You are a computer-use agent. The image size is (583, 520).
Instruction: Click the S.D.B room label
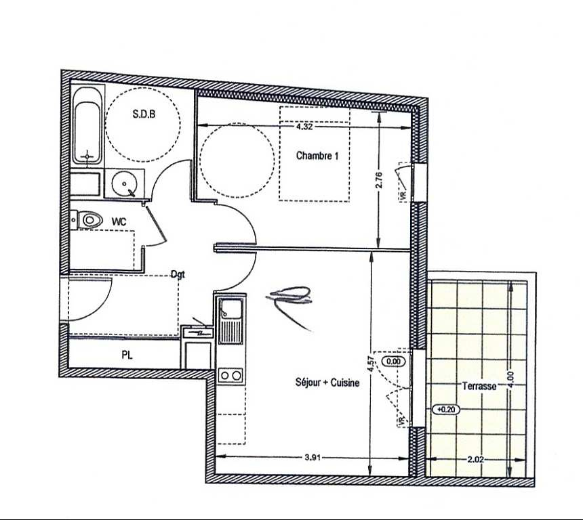pyautogui.click(x=144, y=114)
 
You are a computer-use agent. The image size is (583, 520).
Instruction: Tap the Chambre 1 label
pyautogui.click(x=317, y=155)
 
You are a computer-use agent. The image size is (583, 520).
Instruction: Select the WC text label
pyautogui.click(x=119, y=221)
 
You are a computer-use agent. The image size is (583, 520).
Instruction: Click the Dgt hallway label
pyautogui.click(x=178, y=274)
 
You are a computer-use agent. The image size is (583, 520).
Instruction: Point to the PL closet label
pyautogui.click(x=127, y=355)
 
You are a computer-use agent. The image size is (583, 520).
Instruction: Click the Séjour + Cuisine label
pyautogui.click(x=327, y=382)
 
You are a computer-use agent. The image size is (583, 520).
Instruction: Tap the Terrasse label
pyautogui.click(x=479, y=386)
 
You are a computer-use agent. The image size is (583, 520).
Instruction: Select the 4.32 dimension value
pyautogui.click(x=304, y=127)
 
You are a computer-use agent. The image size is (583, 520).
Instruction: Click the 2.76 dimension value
pyautogui.click(x=379, y=180)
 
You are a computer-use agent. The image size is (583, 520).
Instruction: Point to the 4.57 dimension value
pyautogui.click(x=370, y=364)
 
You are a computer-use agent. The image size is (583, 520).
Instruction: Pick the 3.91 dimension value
pyautogui.click(x=313, y=458)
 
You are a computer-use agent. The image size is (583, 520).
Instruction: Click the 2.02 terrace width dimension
pyautogui.click(x=475, y=460)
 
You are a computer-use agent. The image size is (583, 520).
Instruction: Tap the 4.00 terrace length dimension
pyautogui.click(x=512, y=380)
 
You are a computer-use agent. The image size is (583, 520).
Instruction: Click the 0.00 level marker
pyautogui.click(x=394, y=361)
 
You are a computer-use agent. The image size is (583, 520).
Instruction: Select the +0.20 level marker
pyautogui.click(x=447, y=410)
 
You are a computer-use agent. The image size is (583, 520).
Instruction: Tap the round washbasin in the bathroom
pyautogui.click(x=125, y=183)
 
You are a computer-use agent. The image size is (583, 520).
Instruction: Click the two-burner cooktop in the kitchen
pyautogui.click(x=230, y=376)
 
